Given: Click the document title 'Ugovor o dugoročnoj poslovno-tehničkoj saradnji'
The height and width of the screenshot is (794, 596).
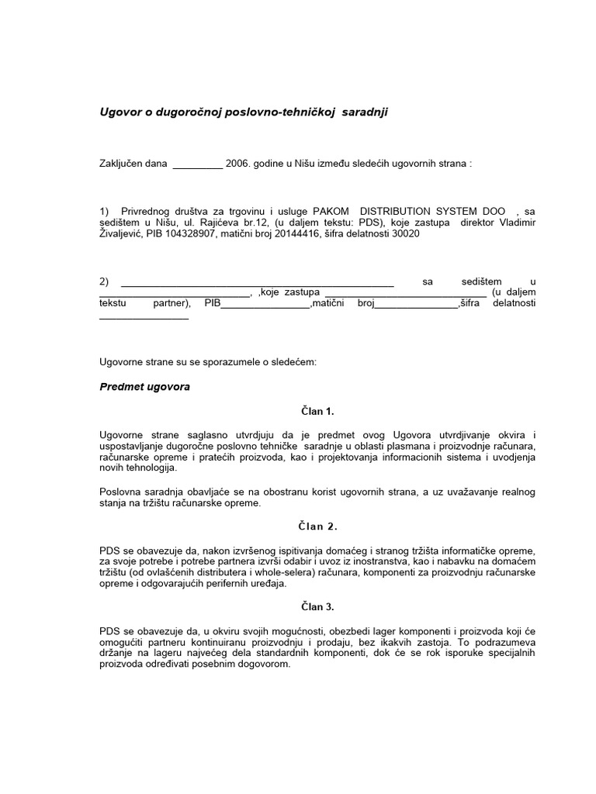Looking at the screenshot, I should (244, 112).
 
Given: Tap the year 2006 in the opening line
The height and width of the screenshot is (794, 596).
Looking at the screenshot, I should (237, 164).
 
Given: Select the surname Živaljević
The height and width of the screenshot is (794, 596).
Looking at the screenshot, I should (124, 234).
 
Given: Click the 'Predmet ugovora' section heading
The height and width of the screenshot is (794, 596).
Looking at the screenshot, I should (145, 386).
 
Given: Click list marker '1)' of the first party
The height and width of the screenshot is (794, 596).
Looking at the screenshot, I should (106, 212).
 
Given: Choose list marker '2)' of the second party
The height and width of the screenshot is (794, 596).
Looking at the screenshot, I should (106, 281).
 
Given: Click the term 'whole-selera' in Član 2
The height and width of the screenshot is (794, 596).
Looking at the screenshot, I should (276, 572).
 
